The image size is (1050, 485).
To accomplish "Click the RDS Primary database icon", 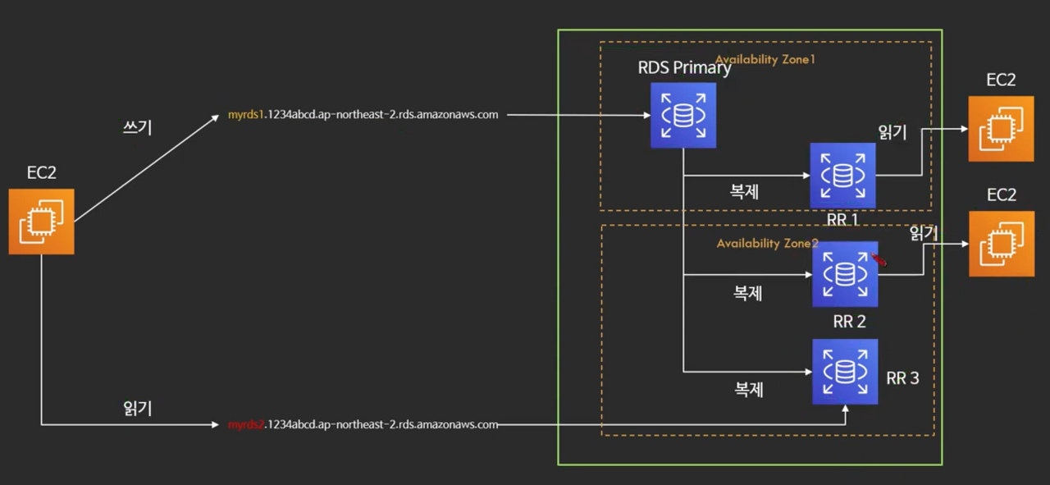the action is tap(683, 116).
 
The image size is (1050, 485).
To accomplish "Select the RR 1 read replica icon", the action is tap(842, 176).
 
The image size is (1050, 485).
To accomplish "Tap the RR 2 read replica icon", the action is tap(845, 274).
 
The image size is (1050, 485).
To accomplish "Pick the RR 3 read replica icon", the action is tap(845, 372).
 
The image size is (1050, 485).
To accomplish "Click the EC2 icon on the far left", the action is tap(41, 222).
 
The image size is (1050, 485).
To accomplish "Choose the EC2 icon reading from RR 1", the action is tap(1002, 129).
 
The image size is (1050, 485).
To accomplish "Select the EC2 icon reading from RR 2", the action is tap(1002, 244).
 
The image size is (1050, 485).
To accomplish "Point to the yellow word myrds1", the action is tap(245, 115).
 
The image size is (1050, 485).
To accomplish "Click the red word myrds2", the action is tap(246, 424).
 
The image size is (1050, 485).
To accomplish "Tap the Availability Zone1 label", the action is tap(765, 60).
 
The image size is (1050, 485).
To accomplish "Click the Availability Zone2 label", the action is tap(767, 244).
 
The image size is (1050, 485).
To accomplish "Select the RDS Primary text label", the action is tap(684, 68).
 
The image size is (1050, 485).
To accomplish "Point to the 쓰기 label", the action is tap(137, 127).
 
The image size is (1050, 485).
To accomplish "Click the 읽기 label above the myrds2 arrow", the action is tap(137, 408).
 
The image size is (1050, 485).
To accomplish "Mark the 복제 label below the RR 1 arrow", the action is tap(744, 191).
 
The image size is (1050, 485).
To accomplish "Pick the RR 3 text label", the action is tap(902, 378).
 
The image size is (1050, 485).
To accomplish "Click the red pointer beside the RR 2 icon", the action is tap(879, 259).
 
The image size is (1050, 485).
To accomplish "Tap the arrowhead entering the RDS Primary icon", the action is tap(647, 115).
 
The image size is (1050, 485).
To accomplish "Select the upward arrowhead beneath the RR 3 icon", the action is tap(845, 409).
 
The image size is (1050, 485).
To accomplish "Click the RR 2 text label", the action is tap(849, 322).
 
